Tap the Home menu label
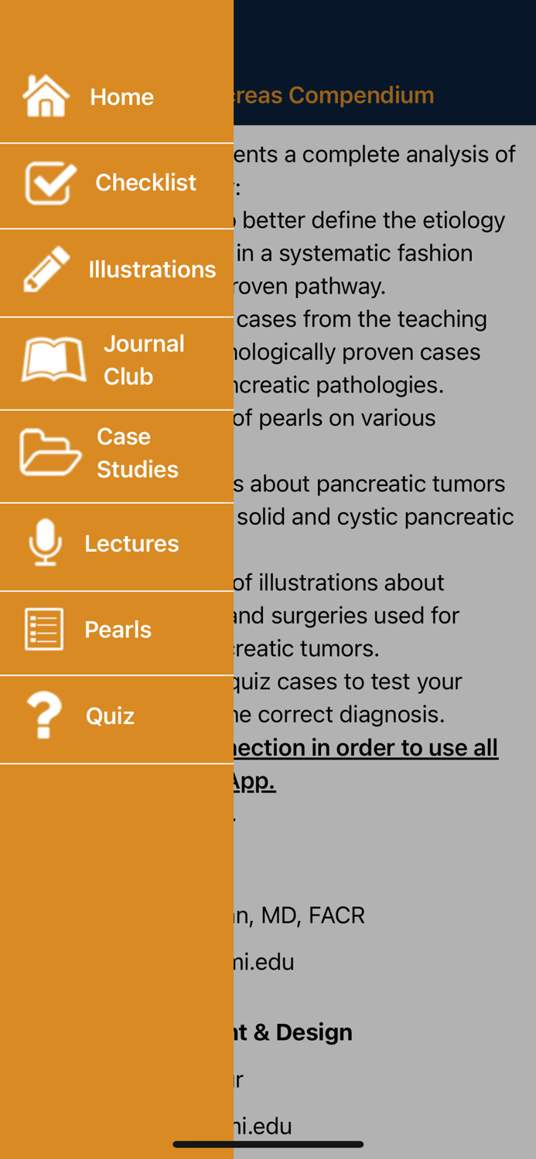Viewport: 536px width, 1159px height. coord(121,97)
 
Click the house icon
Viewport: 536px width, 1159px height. coord(46,96)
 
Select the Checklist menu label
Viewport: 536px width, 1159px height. coord(145,182)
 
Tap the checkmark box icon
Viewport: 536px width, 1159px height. coord(50,182)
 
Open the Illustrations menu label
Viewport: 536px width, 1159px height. coord(152,269)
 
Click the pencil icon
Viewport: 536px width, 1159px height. coord(46,269)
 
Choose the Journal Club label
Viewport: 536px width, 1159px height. coord(144,359)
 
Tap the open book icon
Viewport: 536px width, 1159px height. coord(53,359)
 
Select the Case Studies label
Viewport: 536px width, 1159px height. coord(137,453)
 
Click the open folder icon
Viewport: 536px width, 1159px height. coord(50,452)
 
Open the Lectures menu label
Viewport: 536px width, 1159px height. coord(131,543)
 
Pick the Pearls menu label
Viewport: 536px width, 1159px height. coord(118,630)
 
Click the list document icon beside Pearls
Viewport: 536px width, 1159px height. coord(44,629)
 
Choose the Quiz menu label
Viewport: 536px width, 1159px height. coord(110,716)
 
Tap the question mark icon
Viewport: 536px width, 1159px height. coord(44,715)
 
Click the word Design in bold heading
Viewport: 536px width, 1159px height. coord(313,1032)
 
